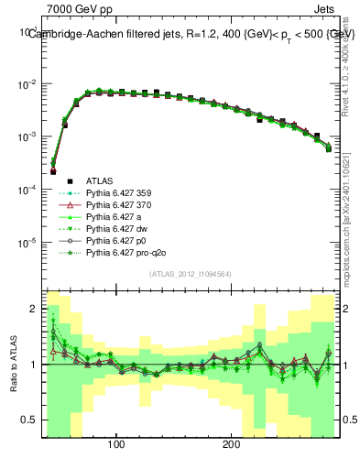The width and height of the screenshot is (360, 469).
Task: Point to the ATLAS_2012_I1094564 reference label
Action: pos(191,274)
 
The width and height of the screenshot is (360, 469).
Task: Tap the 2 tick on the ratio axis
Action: pos(35,309)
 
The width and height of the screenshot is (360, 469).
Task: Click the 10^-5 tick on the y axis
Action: pos(27,243)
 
